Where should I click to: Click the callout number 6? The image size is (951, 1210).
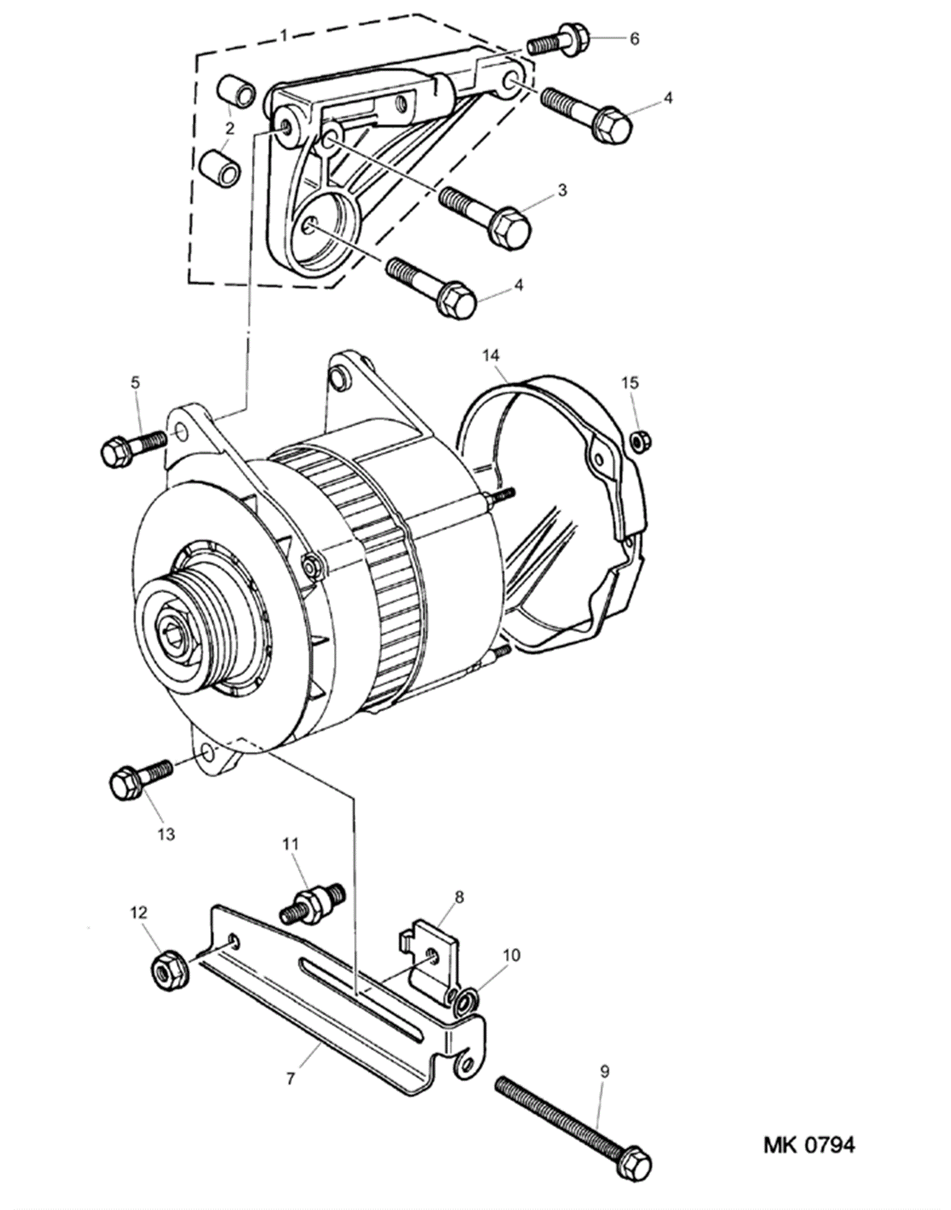(634, 39)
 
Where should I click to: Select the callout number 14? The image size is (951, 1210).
(490, 356)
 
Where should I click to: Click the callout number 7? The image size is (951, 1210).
(290, 1078)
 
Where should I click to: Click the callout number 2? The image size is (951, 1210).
(229, 128)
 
